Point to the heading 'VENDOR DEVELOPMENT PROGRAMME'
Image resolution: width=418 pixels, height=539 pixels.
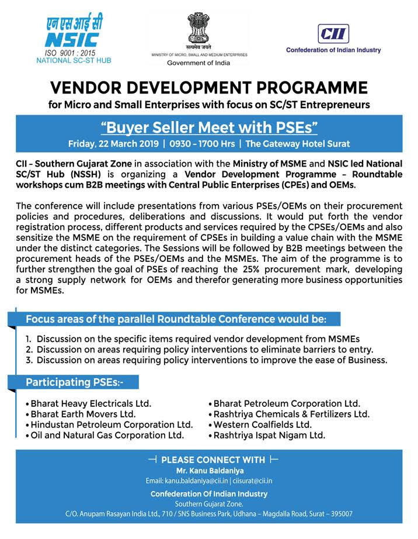tap(209, 88)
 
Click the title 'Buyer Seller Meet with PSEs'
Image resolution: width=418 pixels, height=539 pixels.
tap(209, 127)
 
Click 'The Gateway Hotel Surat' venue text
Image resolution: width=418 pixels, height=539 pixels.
tap(298, 143)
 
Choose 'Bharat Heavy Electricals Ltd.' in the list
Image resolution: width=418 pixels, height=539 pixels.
tap(90, 403)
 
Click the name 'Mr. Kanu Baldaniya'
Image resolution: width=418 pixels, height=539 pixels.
tap(209, 470)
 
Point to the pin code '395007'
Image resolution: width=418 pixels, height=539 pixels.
tap(340, 514)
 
